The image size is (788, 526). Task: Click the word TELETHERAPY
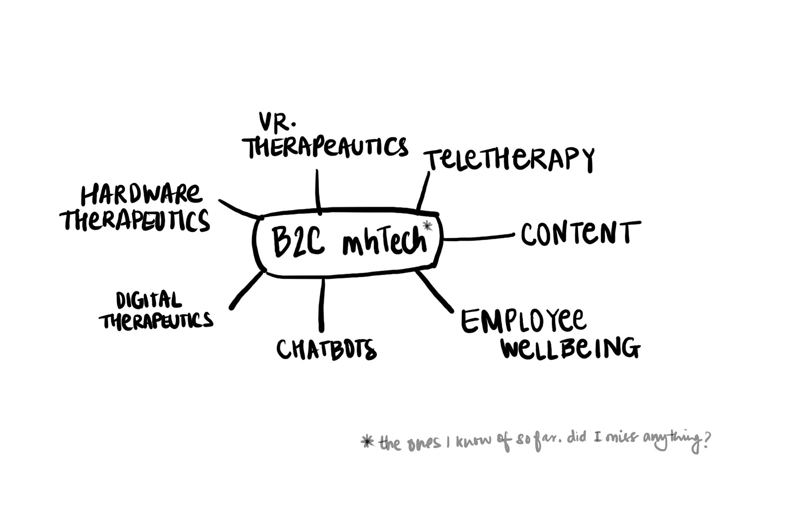click(x=509, y=159)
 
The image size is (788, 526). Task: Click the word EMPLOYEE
click(x=523, y=321)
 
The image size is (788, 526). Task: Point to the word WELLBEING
click(x=570, y=348)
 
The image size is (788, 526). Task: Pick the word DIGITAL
click(x=148, y=301)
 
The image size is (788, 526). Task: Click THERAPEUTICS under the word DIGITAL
click(x=156, y=321)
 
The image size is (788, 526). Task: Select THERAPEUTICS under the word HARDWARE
click(x=135, y=220)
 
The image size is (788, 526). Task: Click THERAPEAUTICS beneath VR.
click(x=326, y=146)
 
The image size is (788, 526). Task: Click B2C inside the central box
click(x=298, y=242)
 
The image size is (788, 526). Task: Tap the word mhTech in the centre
click(x=384, y=242)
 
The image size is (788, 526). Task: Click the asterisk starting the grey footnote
click(x=368, y=443)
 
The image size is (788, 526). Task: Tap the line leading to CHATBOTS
click(x=322, y=304)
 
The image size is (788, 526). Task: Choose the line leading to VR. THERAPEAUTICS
click(x=318, y=190)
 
